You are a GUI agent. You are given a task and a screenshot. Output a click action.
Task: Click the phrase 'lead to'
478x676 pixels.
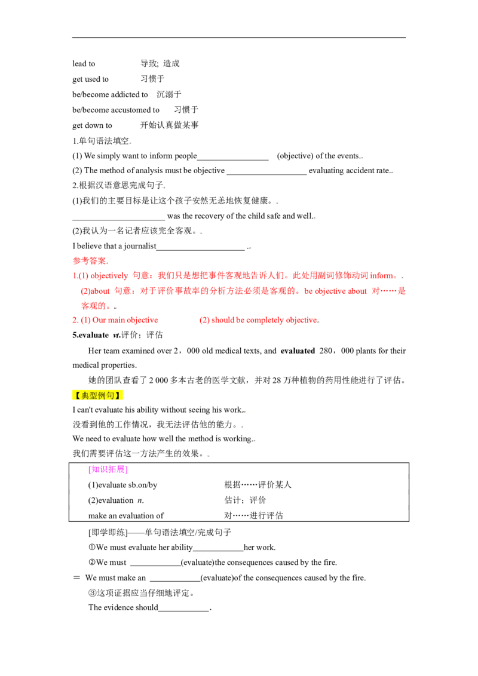(84, 64)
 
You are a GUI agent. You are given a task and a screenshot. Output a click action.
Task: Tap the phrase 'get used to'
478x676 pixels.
(91, 79)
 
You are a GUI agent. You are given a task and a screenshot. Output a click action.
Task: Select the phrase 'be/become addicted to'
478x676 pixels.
(110, 94)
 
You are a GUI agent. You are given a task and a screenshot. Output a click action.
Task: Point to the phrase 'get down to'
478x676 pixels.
(93, 125)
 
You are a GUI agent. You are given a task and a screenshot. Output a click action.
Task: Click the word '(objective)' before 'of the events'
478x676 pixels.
(295, 156)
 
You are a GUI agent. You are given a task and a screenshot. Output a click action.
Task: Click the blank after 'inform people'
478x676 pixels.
(233, 159)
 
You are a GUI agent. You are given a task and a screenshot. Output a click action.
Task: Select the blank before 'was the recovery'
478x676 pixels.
(119, 219)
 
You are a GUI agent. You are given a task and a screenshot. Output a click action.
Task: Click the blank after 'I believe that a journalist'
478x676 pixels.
(201, 250)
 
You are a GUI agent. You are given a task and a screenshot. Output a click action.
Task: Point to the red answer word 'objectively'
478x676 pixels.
(109, 276)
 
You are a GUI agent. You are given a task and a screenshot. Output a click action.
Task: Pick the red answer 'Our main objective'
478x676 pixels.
(125, 320)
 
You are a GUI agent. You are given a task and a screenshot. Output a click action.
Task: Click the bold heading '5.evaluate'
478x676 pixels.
(91, 335)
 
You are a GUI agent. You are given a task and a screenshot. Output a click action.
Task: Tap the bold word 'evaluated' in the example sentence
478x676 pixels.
(298, 351)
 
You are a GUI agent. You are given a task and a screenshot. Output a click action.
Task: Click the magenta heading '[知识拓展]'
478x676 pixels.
(108, 469)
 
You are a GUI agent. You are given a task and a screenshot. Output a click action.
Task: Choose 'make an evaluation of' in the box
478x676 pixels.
(126, 515)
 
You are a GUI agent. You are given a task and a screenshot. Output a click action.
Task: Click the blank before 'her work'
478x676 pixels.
(218, 551)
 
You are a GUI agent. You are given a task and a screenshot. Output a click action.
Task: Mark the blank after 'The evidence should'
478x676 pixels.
(184, 610)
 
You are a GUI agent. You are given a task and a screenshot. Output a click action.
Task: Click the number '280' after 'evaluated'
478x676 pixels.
(325, 351)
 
